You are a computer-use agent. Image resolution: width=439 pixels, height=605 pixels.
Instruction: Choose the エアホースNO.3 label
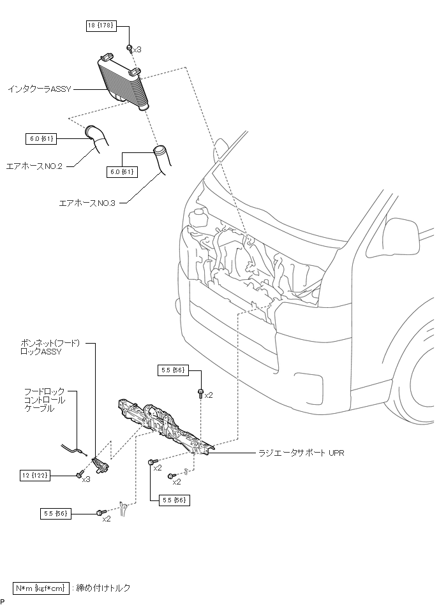(x=87, y=203)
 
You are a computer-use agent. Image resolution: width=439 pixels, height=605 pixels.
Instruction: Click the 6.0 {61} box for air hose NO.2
(x=41, y=137)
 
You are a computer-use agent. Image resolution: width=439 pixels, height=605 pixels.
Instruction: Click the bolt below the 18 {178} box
(x=129, y=48)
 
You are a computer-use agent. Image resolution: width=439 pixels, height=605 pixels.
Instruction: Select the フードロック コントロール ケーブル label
(x=45, y=400)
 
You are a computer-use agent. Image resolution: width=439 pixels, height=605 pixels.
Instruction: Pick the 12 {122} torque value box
(x=36, y=475)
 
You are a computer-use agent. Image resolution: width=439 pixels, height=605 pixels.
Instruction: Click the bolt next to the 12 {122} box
(x=80, y=474)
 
